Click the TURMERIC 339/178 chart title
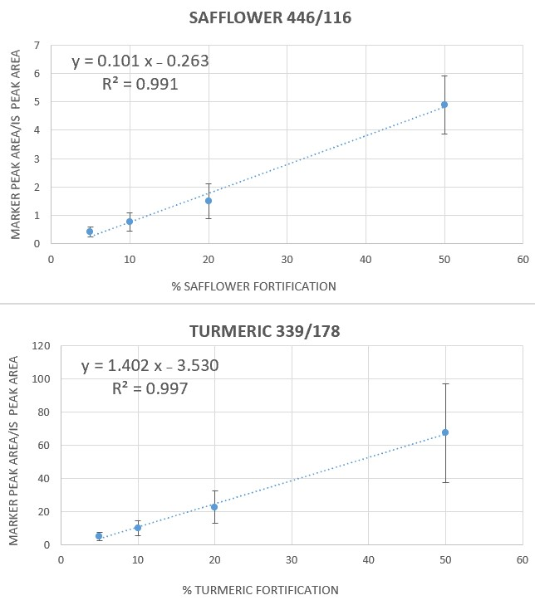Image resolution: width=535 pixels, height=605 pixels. pos(265,331)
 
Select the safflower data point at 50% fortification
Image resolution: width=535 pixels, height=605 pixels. pos(444,105)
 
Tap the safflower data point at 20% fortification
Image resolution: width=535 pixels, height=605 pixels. pos(209,201)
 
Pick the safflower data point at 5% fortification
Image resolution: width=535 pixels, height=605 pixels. pos(90,232)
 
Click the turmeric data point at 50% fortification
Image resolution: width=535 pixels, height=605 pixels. pos(445,432)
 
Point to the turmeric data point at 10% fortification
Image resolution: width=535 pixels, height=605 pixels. pos(138,528)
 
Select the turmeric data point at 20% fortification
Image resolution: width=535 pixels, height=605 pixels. pos(214,507)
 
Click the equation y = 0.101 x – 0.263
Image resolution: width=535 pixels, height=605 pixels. pos(140,61)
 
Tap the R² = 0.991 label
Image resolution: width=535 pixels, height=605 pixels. pos(140,84)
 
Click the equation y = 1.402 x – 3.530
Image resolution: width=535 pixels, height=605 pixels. pos(150,366)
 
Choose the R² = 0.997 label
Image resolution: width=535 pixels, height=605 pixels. pos(150,388)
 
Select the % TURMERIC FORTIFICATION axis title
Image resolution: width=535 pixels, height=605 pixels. pos(261,590)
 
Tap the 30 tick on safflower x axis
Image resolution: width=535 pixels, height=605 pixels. pos(287,259)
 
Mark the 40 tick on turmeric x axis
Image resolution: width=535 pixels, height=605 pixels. pos(368,560)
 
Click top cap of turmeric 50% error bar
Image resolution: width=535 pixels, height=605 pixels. pos(445,383)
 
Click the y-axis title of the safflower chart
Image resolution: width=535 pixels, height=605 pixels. pos(16,143)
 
